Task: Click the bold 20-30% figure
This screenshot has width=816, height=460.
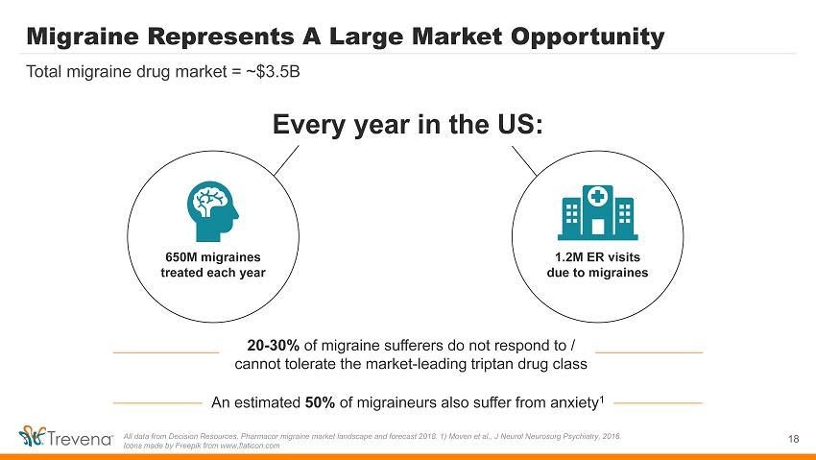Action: [274, 345]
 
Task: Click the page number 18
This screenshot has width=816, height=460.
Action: [793, 439]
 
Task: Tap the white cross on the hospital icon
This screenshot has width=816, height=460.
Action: [598, 196]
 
